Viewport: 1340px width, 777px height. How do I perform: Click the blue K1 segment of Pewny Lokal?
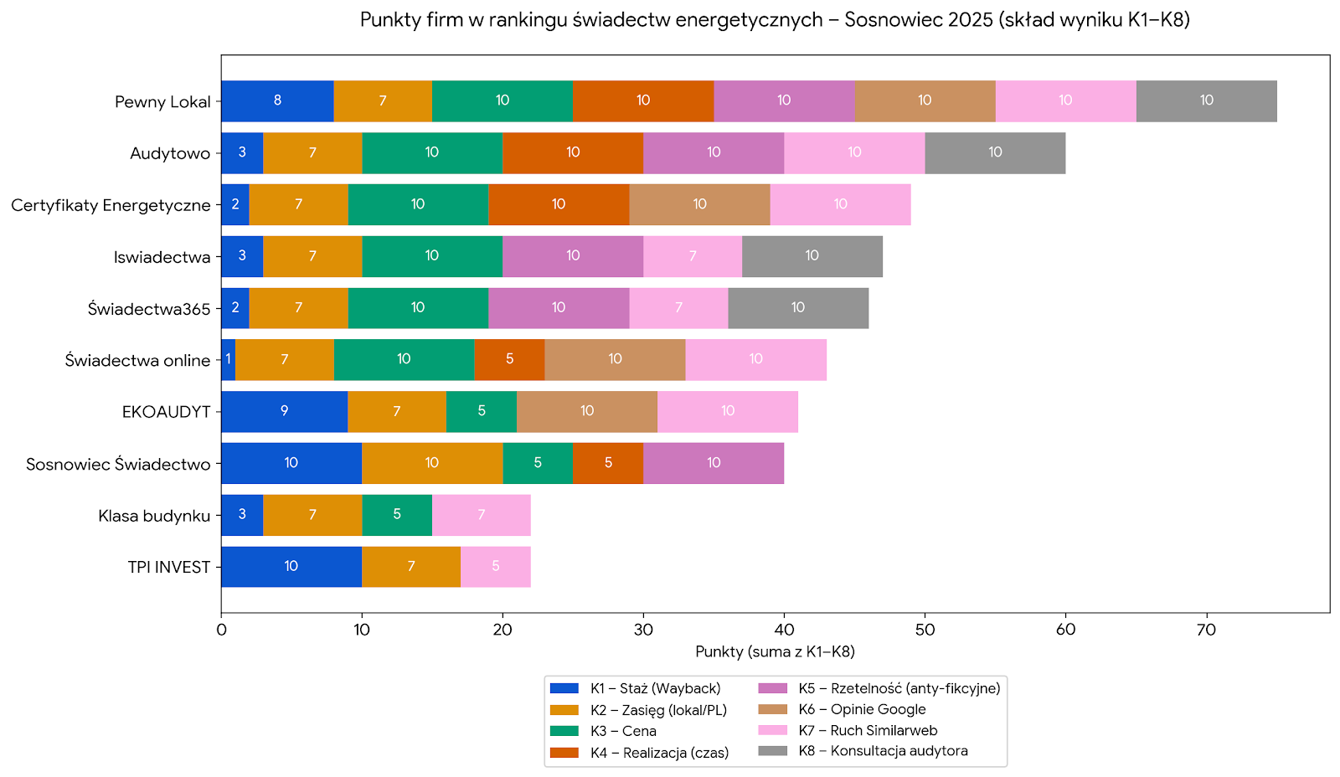(277, 101)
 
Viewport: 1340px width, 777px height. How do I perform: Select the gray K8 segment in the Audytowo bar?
(995, 152)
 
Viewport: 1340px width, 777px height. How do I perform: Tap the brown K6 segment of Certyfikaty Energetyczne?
(699, 204)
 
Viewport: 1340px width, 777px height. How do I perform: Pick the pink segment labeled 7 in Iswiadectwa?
(693, 256)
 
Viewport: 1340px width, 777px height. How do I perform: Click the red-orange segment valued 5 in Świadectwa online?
(509, 360)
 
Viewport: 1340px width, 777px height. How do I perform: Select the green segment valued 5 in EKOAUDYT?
(482, 411)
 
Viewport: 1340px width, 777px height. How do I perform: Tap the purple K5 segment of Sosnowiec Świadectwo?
(714, 463)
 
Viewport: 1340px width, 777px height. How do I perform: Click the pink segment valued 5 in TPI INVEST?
(496, 567)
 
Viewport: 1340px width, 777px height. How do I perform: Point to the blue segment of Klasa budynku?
(242, 515)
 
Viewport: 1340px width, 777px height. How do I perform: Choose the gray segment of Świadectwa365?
(798, 308)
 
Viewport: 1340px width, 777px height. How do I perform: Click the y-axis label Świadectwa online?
(137, 361)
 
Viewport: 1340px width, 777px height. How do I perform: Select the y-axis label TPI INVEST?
(168, 568)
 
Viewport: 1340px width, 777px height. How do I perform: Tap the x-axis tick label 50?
(925, 630)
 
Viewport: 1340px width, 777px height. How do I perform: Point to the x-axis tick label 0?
(221, 630)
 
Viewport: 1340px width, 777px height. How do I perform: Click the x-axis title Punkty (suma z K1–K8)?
(775, 651)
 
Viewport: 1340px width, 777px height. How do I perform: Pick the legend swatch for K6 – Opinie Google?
(772, 709)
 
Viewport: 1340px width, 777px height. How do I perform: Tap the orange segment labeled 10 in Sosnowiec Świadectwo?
(432, 463)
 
